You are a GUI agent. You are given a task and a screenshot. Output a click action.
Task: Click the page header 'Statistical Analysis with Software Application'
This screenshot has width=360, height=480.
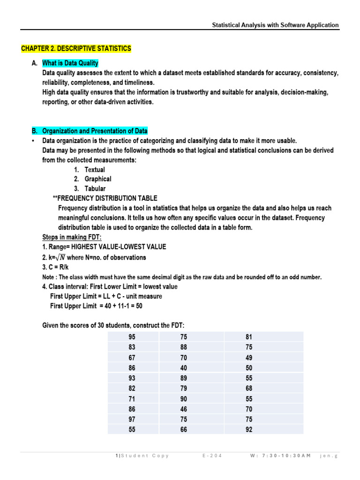pos(275,25)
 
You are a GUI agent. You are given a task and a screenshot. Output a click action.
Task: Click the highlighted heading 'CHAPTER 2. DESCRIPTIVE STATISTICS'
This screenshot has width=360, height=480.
pos(76,49)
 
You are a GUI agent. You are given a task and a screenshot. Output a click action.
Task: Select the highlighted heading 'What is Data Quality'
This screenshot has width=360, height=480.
pos(70,63)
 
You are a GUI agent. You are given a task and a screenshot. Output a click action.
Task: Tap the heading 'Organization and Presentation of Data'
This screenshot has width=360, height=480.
pos(95,131)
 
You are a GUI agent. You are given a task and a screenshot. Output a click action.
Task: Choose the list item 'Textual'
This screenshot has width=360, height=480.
pos(95,170)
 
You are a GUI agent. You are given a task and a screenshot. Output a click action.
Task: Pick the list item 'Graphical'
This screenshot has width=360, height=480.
pos(98,179)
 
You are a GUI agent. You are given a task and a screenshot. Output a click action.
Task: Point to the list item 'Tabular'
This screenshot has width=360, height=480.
pos(95,188)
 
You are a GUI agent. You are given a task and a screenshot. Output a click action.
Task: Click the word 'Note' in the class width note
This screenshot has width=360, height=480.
pos(50,277)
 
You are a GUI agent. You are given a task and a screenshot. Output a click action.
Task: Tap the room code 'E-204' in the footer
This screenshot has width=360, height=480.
pos(212,456)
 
